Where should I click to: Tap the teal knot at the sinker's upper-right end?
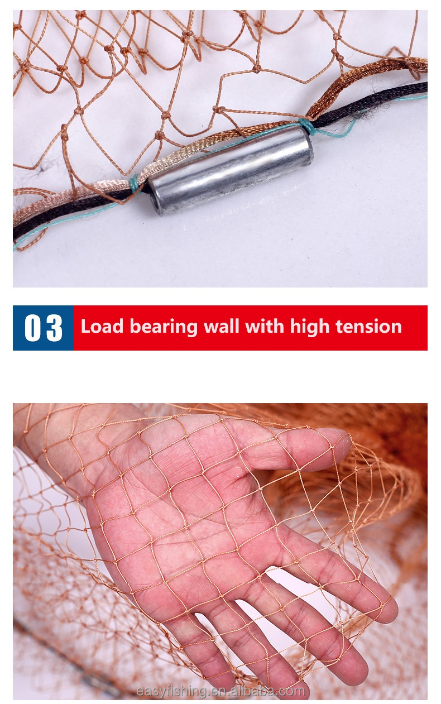tap(307, 126)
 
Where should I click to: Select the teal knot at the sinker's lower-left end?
tap(135, 184)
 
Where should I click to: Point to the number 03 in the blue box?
tap(43, 328)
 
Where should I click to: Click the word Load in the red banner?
tap(102, 326)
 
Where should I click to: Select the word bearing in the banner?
tap(164, 328)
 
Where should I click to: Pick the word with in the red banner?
tap(265, 326)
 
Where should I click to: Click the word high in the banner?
tap(310, 328)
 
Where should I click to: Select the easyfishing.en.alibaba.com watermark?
tap(220, 691)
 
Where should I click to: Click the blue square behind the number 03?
tap(43, 328)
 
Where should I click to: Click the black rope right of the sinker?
tap(371, 103)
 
